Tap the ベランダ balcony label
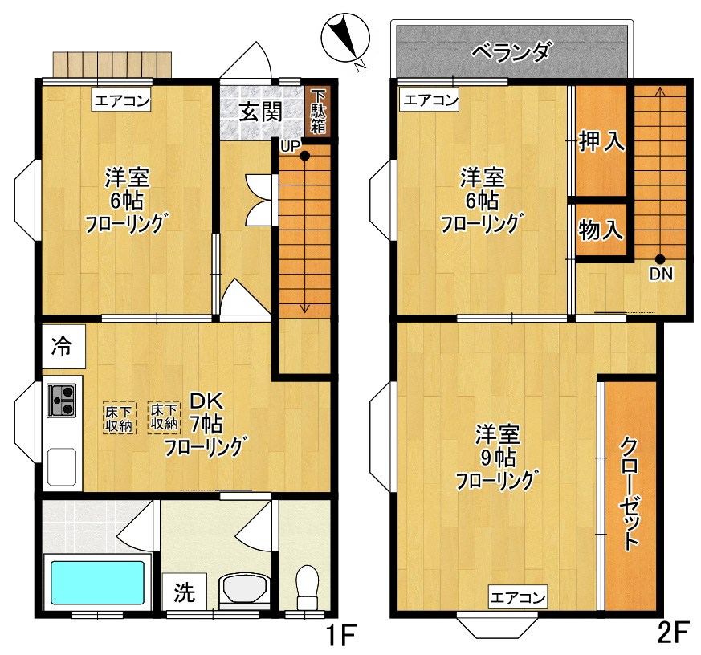pyautogui.click(x=511, y=52)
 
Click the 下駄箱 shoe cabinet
pyautogui.click(x=319, y=112)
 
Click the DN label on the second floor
pyautogui.click(x=661, y=274)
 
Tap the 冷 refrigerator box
pyautogui.click(x=60, y=347)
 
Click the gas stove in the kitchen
pyautogui.click(x=62, y=399)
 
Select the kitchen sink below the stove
pyautogui.click(x=62, y=465)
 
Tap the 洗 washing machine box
pyautogui.click(x=185, y=593)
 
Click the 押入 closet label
pyautogui.click(x=601, y=142)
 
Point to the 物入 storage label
pyautogui.click(x=601, y=230)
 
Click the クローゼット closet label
pyautogui.click(x=630, y=493)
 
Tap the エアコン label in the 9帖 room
pyautogui.click(x=518, y=597)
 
